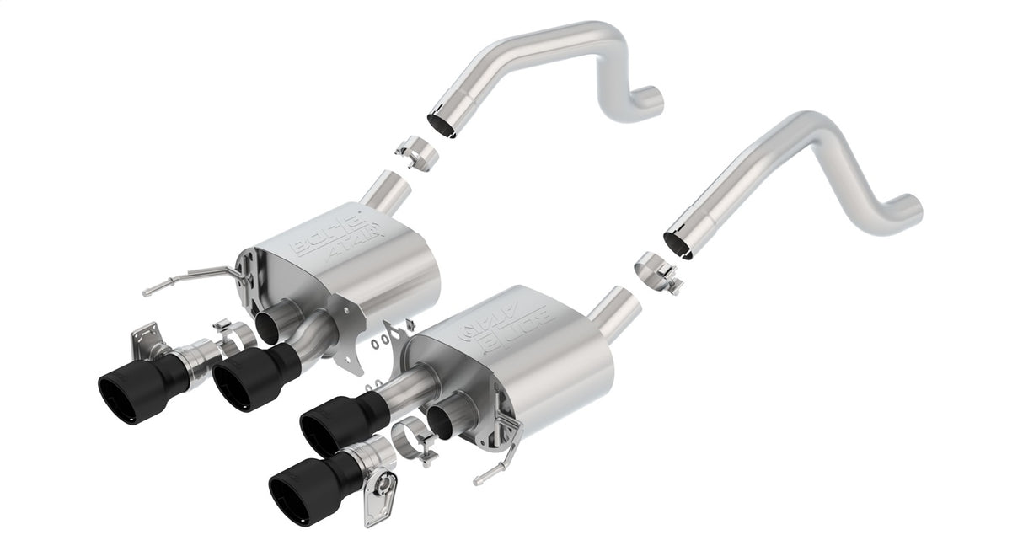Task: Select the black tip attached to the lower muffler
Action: point(337,421)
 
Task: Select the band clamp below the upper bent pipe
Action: point(415,152)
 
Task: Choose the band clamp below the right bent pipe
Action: point(654,270)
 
